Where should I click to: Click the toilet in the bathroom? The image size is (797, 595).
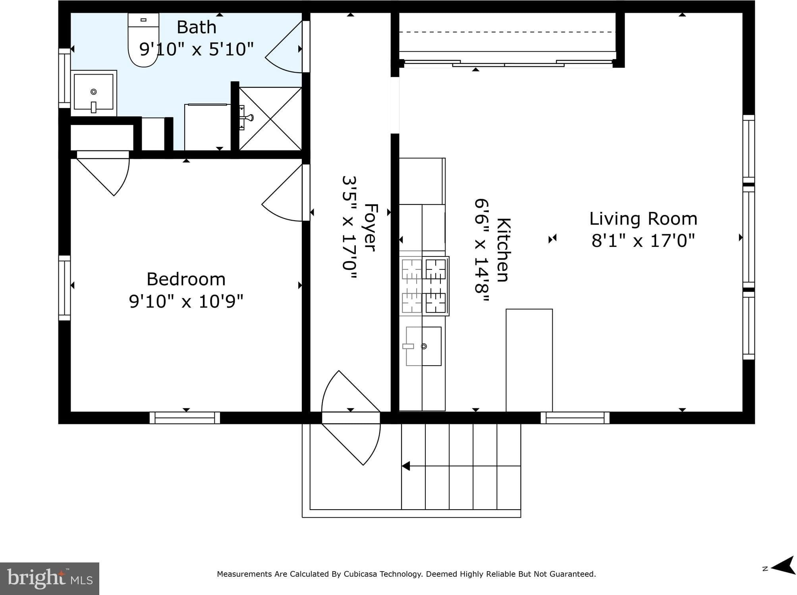pyautogui.click(x=143, y=40)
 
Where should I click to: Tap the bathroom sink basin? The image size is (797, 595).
pyautogui.click(x=94, y=92)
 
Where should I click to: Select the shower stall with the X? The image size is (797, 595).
pyautogui.click(x=270, y=119)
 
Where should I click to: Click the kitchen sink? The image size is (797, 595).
pyautogui.click(x=423, y=346)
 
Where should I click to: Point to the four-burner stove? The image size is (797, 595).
pyautogui.click(x=425, y=286)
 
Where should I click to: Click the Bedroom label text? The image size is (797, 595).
pyautogui.click(x=186, y=279)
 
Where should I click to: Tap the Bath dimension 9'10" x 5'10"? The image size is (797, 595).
pyautogui.click(x=196, y=49)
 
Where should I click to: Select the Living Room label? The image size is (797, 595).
pyautogui.click(x=643, y=219)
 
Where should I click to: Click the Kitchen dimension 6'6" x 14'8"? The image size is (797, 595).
pyautogui.click(x=482, y=251)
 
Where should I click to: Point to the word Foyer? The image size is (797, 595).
pyautogui.click(x=370, y=227)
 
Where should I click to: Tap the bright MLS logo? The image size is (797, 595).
pyautogui.click(x=50, y=578)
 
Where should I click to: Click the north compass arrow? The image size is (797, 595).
pyautogui.click(x=782, y=565)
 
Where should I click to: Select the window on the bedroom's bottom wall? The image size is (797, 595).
pyautogui.click(x=185, y=418)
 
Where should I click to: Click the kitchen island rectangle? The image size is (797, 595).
pyautogui.click(x=529, y=360)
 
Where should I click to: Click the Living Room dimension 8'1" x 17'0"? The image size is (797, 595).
pyautogui.click(x=643, y=241)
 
